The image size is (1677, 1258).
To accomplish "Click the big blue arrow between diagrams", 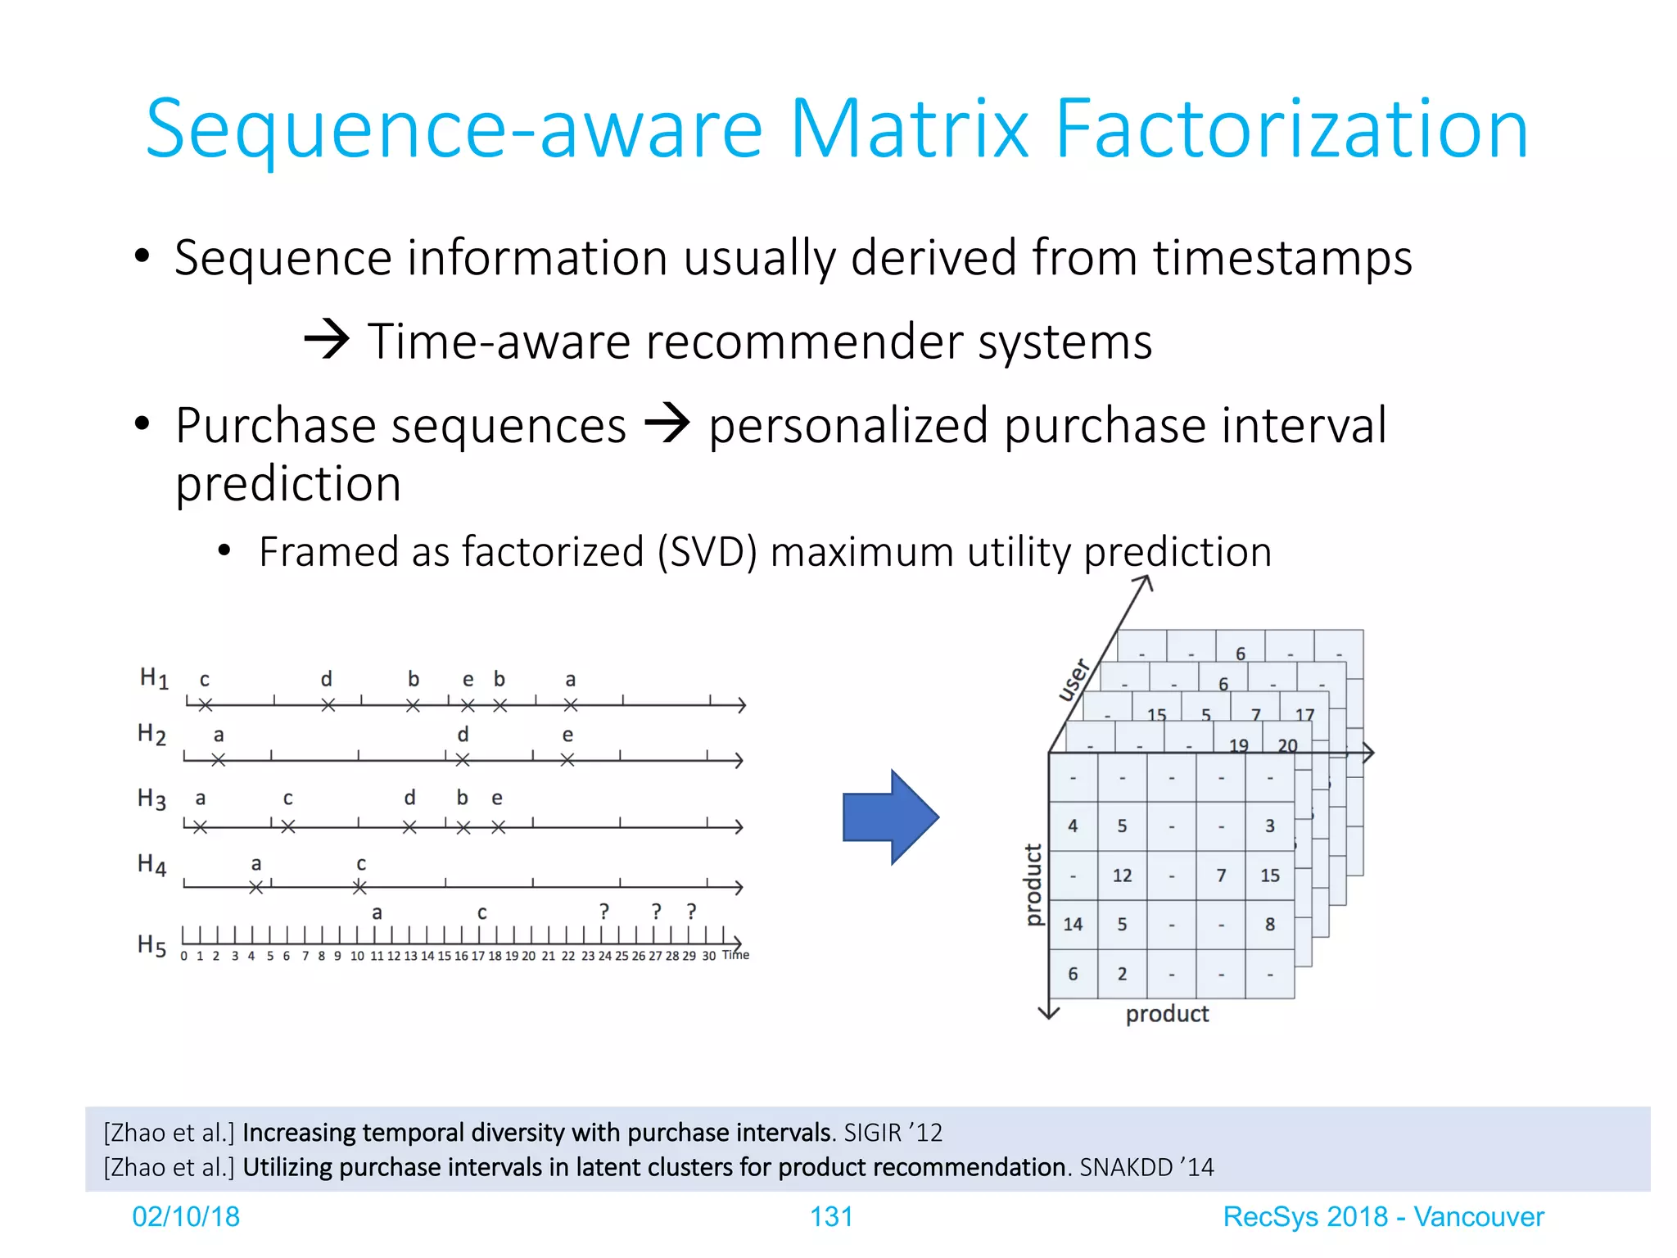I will point(890,817).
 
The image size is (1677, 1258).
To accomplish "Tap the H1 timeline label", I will point(153,678).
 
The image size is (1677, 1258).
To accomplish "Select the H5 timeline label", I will point(151,945).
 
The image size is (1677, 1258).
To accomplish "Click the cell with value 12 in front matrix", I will point(1122,876).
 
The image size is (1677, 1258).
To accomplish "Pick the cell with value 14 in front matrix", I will point(1073,925).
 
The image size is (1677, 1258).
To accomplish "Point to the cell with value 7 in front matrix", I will point(1221,876).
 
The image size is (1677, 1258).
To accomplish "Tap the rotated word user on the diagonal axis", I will point(1073,680).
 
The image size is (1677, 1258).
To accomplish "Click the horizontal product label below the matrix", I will point(1167,1014).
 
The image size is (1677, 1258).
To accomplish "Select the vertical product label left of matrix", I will point(1033,885).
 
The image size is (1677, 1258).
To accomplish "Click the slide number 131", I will point(831,1217).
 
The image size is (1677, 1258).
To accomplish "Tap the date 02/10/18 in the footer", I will point(186,1217).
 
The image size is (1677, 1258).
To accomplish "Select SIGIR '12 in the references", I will point(893,1133).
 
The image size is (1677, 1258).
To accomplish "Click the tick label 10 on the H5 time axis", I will point(357,956).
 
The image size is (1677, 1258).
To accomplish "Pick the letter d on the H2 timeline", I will point(463,735).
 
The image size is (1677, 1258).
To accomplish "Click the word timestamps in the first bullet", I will point(1282,258).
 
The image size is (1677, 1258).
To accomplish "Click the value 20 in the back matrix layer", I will point(1287,745).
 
